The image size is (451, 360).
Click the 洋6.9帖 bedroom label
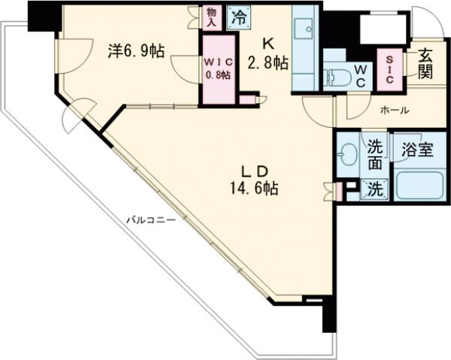(136, 51)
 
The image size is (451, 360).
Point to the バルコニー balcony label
(150, 220)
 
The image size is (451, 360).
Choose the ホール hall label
(394, 110)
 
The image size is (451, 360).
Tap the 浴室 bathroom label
(417, 150)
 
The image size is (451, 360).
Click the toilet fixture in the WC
(337, 77)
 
